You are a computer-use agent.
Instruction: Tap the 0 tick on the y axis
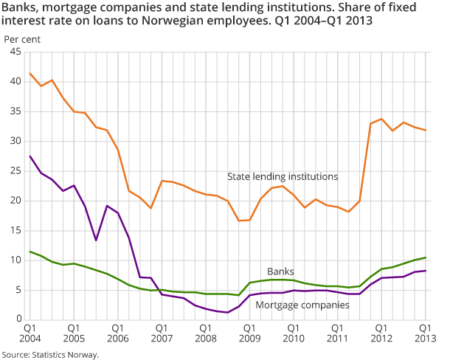click(x=18, y=319)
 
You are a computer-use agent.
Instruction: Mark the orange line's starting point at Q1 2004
click(x=30, y=74)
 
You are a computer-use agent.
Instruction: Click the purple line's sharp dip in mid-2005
click(x=96, y=240)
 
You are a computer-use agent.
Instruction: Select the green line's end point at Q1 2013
click(x=425, y=257)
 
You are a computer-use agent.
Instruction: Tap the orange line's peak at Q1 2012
click(x=381, y=119)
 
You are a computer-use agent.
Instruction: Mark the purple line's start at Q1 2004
click(x=30, y=156)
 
